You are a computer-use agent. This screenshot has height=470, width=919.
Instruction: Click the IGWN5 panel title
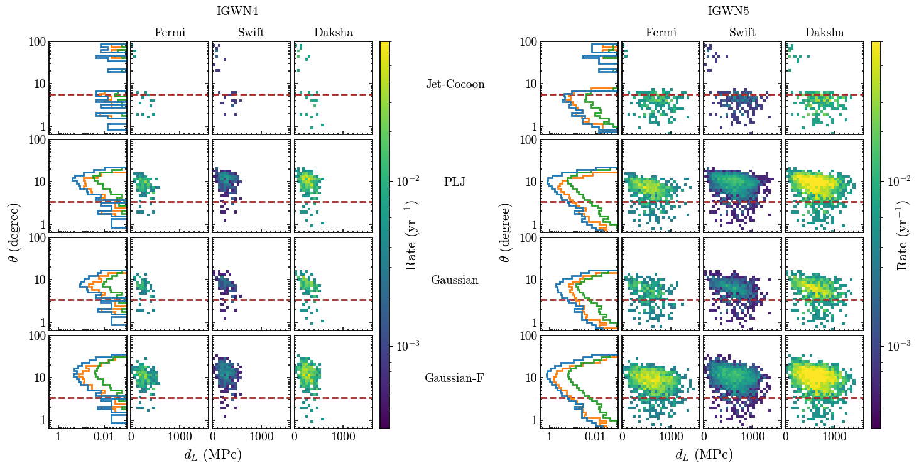pyautogui.click(x=728, y=11)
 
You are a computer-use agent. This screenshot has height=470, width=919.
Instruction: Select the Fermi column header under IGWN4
pyautogui.click(x=169, y=33)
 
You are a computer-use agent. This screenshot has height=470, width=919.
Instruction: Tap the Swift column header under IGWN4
pyautogui.click(x=251, y=33)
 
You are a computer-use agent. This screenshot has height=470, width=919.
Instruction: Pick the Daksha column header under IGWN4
pyautogui.click(x=333, y=33)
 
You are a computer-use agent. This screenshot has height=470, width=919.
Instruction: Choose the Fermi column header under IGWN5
pyautogui.click(x=660, y=33)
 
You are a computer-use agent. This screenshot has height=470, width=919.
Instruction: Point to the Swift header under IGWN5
pyautogui.click(x=742, y=33)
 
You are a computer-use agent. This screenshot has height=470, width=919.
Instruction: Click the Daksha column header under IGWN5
pyautogui.click(x=824, y=33)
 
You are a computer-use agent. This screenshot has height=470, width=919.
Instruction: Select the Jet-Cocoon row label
pyautogui.click(x=455, y=84)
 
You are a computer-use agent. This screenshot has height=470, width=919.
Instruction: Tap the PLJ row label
pyautogui.click(x=455, y=182)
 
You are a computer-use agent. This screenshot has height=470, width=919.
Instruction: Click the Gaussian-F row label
pyautogui.click(x=455, y=378)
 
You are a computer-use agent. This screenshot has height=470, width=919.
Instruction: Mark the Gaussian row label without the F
pyautogui.click(x=455, y=280)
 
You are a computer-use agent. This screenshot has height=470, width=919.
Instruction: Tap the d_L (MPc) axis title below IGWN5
pyautogui.click(x=704, y=455)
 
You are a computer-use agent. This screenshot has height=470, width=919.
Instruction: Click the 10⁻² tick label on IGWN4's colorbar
pyautogui.click(x=408, y=181)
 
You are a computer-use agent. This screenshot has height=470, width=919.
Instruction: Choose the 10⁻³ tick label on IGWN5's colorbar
pyautogui.click(x=899, y=346)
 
